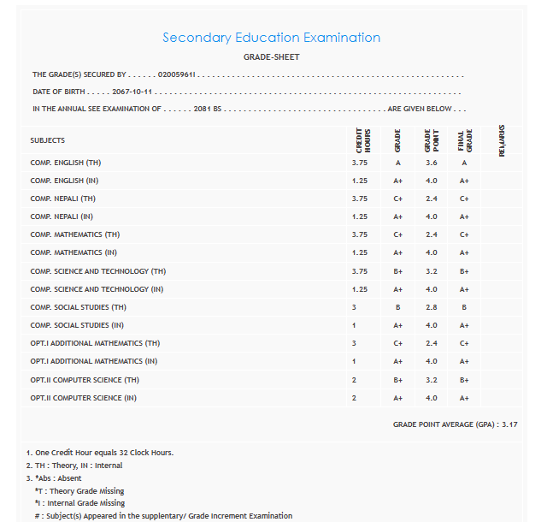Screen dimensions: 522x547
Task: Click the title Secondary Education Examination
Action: (271, 38)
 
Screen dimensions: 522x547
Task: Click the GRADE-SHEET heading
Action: (271, 57)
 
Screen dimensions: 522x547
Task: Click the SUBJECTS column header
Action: (48, 140)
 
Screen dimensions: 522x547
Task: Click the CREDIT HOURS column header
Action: (362, 140)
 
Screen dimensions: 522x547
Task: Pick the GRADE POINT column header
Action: (430, 140)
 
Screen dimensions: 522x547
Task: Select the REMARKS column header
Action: (501, 140)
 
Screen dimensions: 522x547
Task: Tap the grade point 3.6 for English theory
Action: (431, 163)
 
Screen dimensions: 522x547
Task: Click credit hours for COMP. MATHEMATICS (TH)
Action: (360, 234)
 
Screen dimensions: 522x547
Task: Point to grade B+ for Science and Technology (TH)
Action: (397, 271)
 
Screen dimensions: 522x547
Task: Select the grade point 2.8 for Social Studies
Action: (431, 307)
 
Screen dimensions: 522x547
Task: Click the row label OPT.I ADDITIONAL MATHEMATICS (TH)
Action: (95, 343)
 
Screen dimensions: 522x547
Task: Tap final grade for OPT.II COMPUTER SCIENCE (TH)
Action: (464, 379)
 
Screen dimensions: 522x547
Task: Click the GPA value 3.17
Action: (509, 424)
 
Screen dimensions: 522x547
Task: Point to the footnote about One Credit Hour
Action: (101, 452)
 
